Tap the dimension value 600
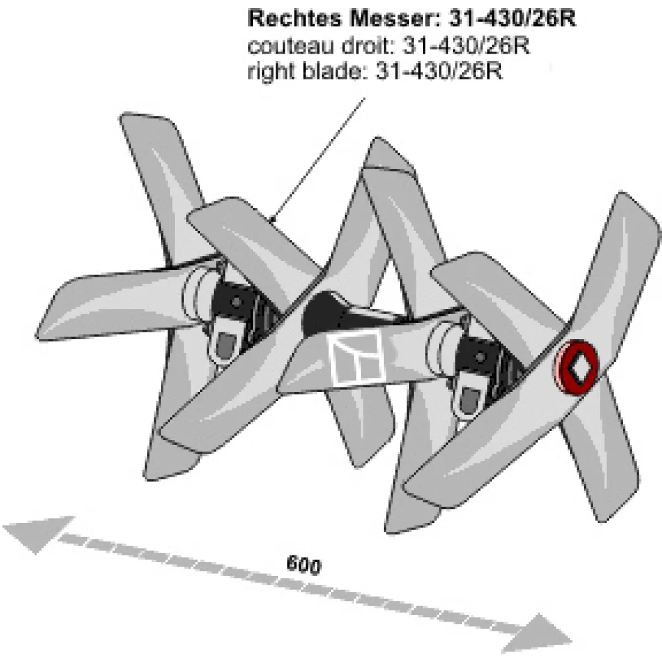pos(304,565)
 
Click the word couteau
pos(291,46)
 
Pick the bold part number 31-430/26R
pos(512,19)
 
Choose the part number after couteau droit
pos(465,46)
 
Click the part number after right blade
pos(439,71)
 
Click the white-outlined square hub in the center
pos(357,357)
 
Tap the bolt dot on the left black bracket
pos(237,303)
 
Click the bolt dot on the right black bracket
pos(480,357)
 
